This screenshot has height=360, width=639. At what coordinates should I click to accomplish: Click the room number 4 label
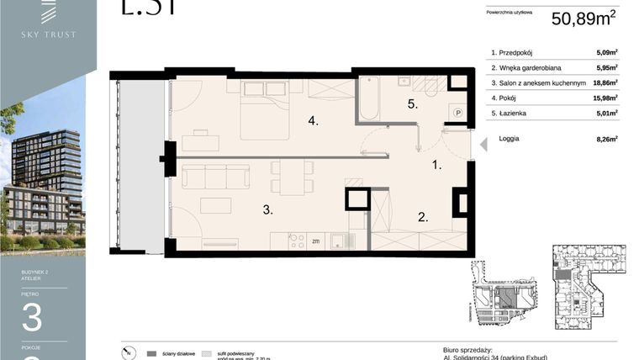(x=313, y=121)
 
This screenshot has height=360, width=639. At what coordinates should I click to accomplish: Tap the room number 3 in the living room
(x=267, y=210)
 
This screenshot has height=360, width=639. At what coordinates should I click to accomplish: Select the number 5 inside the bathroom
(x=412, y=104)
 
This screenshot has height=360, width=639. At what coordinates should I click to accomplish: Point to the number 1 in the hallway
(x=436, y=166)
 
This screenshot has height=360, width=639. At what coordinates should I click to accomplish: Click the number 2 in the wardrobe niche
(x=423, y=217)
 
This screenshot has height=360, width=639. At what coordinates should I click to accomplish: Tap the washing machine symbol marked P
(x=457, y=111)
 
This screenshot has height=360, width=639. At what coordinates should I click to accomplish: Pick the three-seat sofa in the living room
(x=216, y=177)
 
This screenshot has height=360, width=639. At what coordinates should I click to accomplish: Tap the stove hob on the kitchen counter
(x=297, y=241)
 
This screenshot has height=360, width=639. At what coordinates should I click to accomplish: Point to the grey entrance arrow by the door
(x=483, y=145)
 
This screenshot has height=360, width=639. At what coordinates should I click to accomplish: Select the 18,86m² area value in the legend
(x=605, y=82)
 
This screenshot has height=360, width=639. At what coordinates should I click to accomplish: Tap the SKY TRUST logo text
(x=49, y=34)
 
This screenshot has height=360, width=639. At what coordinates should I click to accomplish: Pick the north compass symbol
(x=126, y=352)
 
